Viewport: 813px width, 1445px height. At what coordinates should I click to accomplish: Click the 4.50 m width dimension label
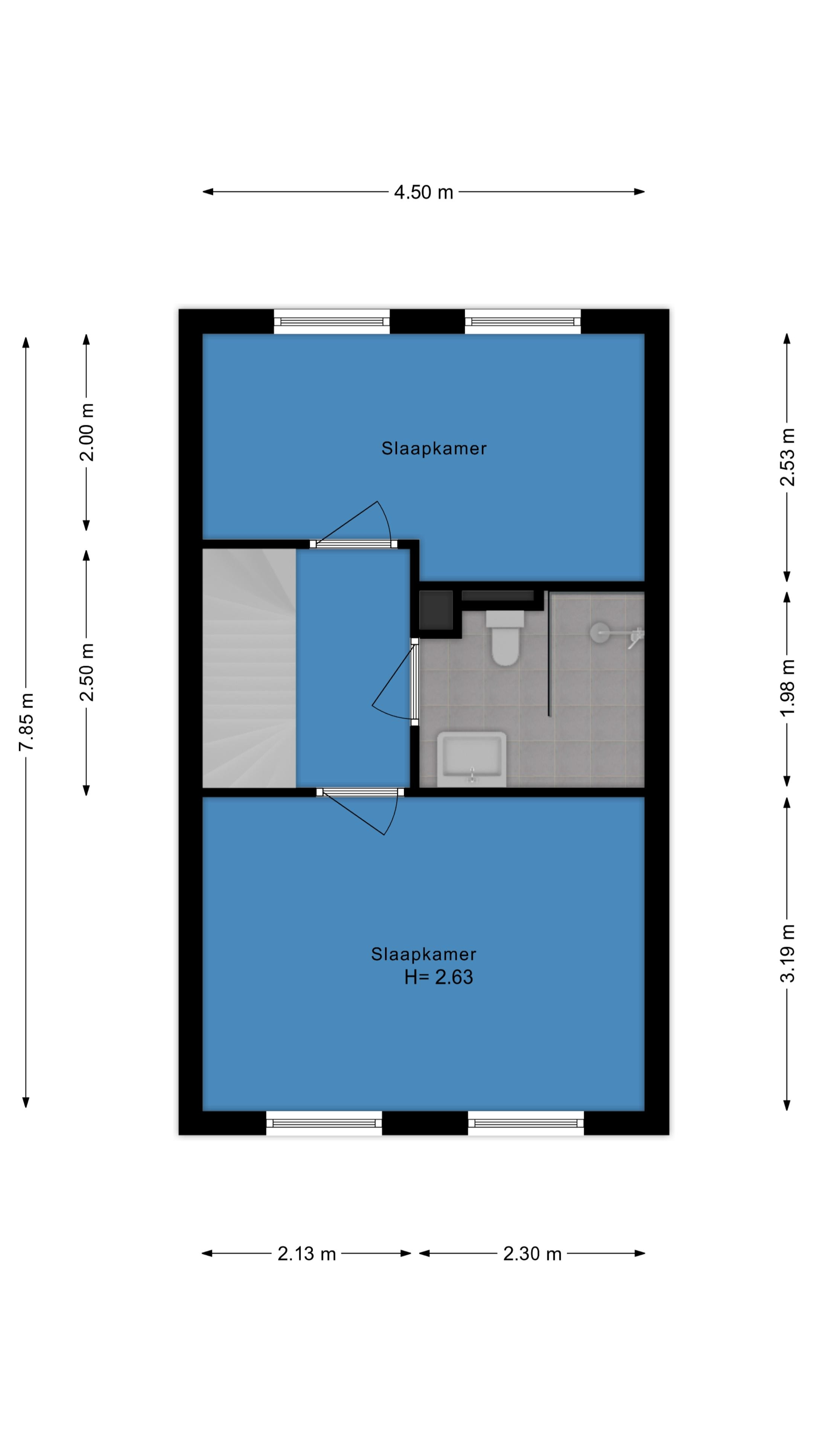pos(423,192)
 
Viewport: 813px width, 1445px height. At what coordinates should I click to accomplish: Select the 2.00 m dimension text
pos(87,432)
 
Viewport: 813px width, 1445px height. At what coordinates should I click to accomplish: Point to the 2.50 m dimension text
pos(87,672)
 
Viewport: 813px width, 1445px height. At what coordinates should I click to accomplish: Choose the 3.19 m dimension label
pos(787,953)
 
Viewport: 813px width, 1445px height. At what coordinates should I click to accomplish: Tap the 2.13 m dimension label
pos(306,1254)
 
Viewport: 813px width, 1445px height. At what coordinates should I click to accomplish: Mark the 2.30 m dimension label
pos(532,1254)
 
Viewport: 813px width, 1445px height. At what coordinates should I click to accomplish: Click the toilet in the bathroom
pos(504,637)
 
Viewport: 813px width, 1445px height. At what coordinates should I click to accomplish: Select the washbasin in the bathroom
pos(471,759)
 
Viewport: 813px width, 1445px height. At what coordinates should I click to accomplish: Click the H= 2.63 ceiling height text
pos(439,977)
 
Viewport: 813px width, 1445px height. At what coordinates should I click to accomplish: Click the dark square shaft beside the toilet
pos(436,610)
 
